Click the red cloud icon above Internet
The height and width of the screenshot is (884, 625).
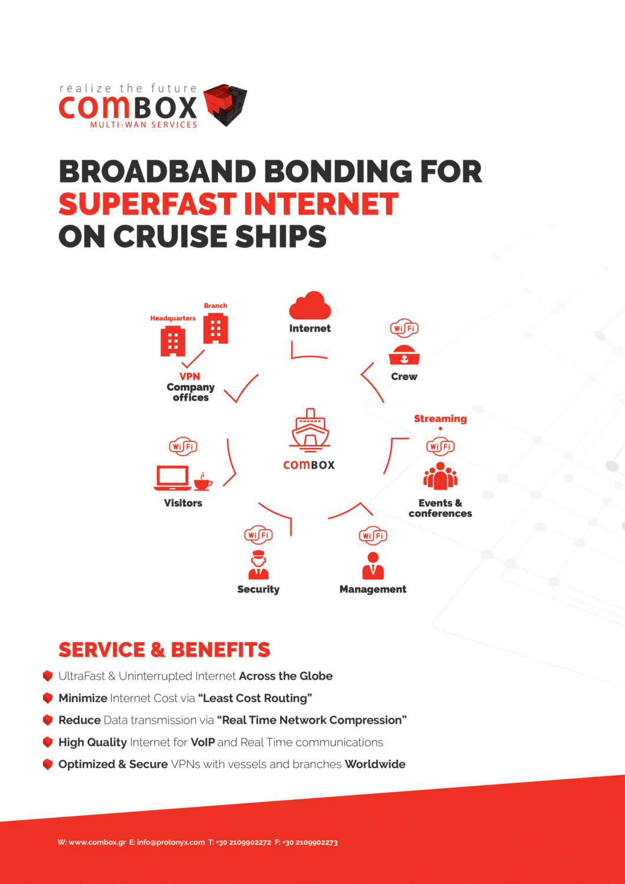coord(310,305)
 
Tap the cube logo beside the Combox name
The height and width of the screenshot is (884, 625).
coord(225,104)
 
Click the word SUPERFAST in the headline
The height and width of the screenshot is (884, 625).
coord(147,204)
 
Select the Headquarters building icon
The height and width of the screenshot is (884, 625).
coord(173,341)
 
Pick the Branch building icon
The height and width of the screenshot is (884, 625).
coord(215,328)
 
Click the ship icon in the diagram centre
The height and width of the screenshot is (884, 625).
coord(310,430)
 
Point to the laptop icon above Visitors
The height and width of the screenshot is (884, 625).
coord(172,478)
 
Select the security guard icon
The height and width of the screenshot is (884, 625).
coord(258,566)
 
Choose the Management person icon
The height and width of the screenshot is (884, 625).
coord(373,566)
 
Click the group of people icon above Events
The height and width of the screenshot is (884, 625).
coord(440,476)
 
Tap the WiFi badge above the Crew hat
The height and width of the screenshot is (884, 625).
coord(404,328)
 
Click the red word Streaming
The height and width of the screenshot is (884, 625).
coord(440,418)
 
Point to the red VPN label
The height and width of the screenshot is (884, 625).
coord(190,376)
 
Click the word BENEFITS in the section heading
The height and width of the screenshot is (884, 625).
coord(221,649)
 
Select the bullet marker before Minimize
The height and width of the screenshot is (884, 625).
coord(48,698)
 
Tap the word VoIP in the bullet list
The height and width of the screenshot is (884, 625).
coord(203,742)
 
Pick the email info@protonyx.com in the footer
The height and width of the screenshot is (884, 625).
coord(171,842)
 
